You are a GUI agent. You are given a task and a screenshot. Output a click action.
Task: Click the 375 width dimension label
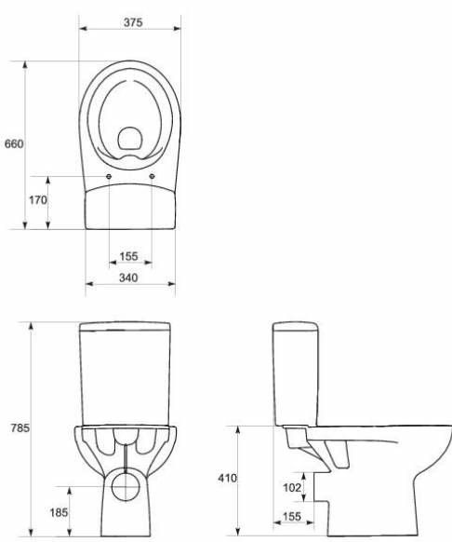coord(133,22)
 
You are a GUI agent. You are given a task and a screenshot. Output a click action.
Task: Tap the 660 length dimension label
coord(14,143)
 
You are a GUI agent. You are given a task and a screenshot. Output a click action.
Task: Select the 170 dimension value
coord(37,200)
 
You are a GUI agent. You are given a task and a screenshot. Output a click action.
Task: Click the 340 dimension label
coord(128,278)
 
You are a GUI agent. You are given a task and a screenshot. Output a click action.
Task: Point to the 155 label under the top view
coord(128,256)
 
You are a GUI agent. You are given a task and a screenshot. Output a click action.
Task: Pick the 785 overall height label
coord(20,428)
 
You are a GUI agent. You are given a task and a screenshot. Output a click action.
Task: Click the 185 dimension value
coord(59,512)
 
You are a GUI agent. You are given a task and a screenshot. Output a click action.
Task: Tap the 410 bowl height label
coord(228,478)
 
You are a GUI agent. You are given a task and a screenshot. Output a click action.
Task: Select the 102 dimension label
coord(292,487)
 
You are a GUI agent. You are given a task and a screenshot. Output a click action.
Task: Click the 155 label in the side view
coord(292,517)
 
